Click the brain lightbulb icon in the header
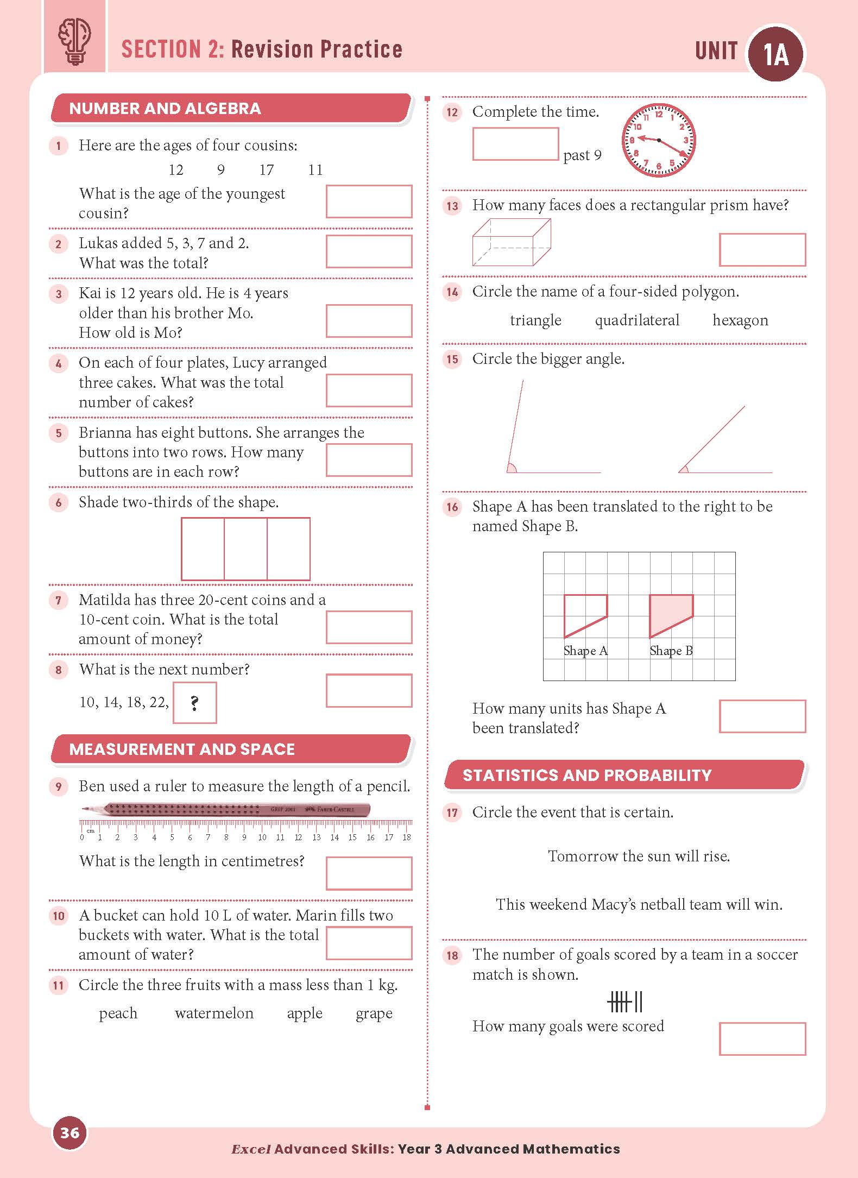74,42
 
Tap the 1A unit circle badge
775,54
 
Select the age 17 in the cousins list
267,170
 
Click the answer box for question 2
369,251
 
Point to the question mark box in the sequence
194,703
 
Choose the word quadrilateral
637,320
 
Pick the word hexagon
740,320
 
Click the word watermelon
214,1013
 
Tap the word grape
374,1013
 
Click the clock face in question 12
659,141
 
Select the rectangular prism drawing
511,242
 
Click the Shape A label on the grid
585,651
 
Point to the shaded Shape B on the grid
671,614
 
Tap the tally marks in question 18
625,1001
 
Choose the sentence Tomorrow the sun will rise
639,856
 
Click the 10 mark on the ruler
262,837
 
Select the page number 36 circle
70,1133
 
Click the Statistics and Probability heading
587,775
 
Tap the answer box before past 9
515,144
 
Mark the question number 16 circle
452,507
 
